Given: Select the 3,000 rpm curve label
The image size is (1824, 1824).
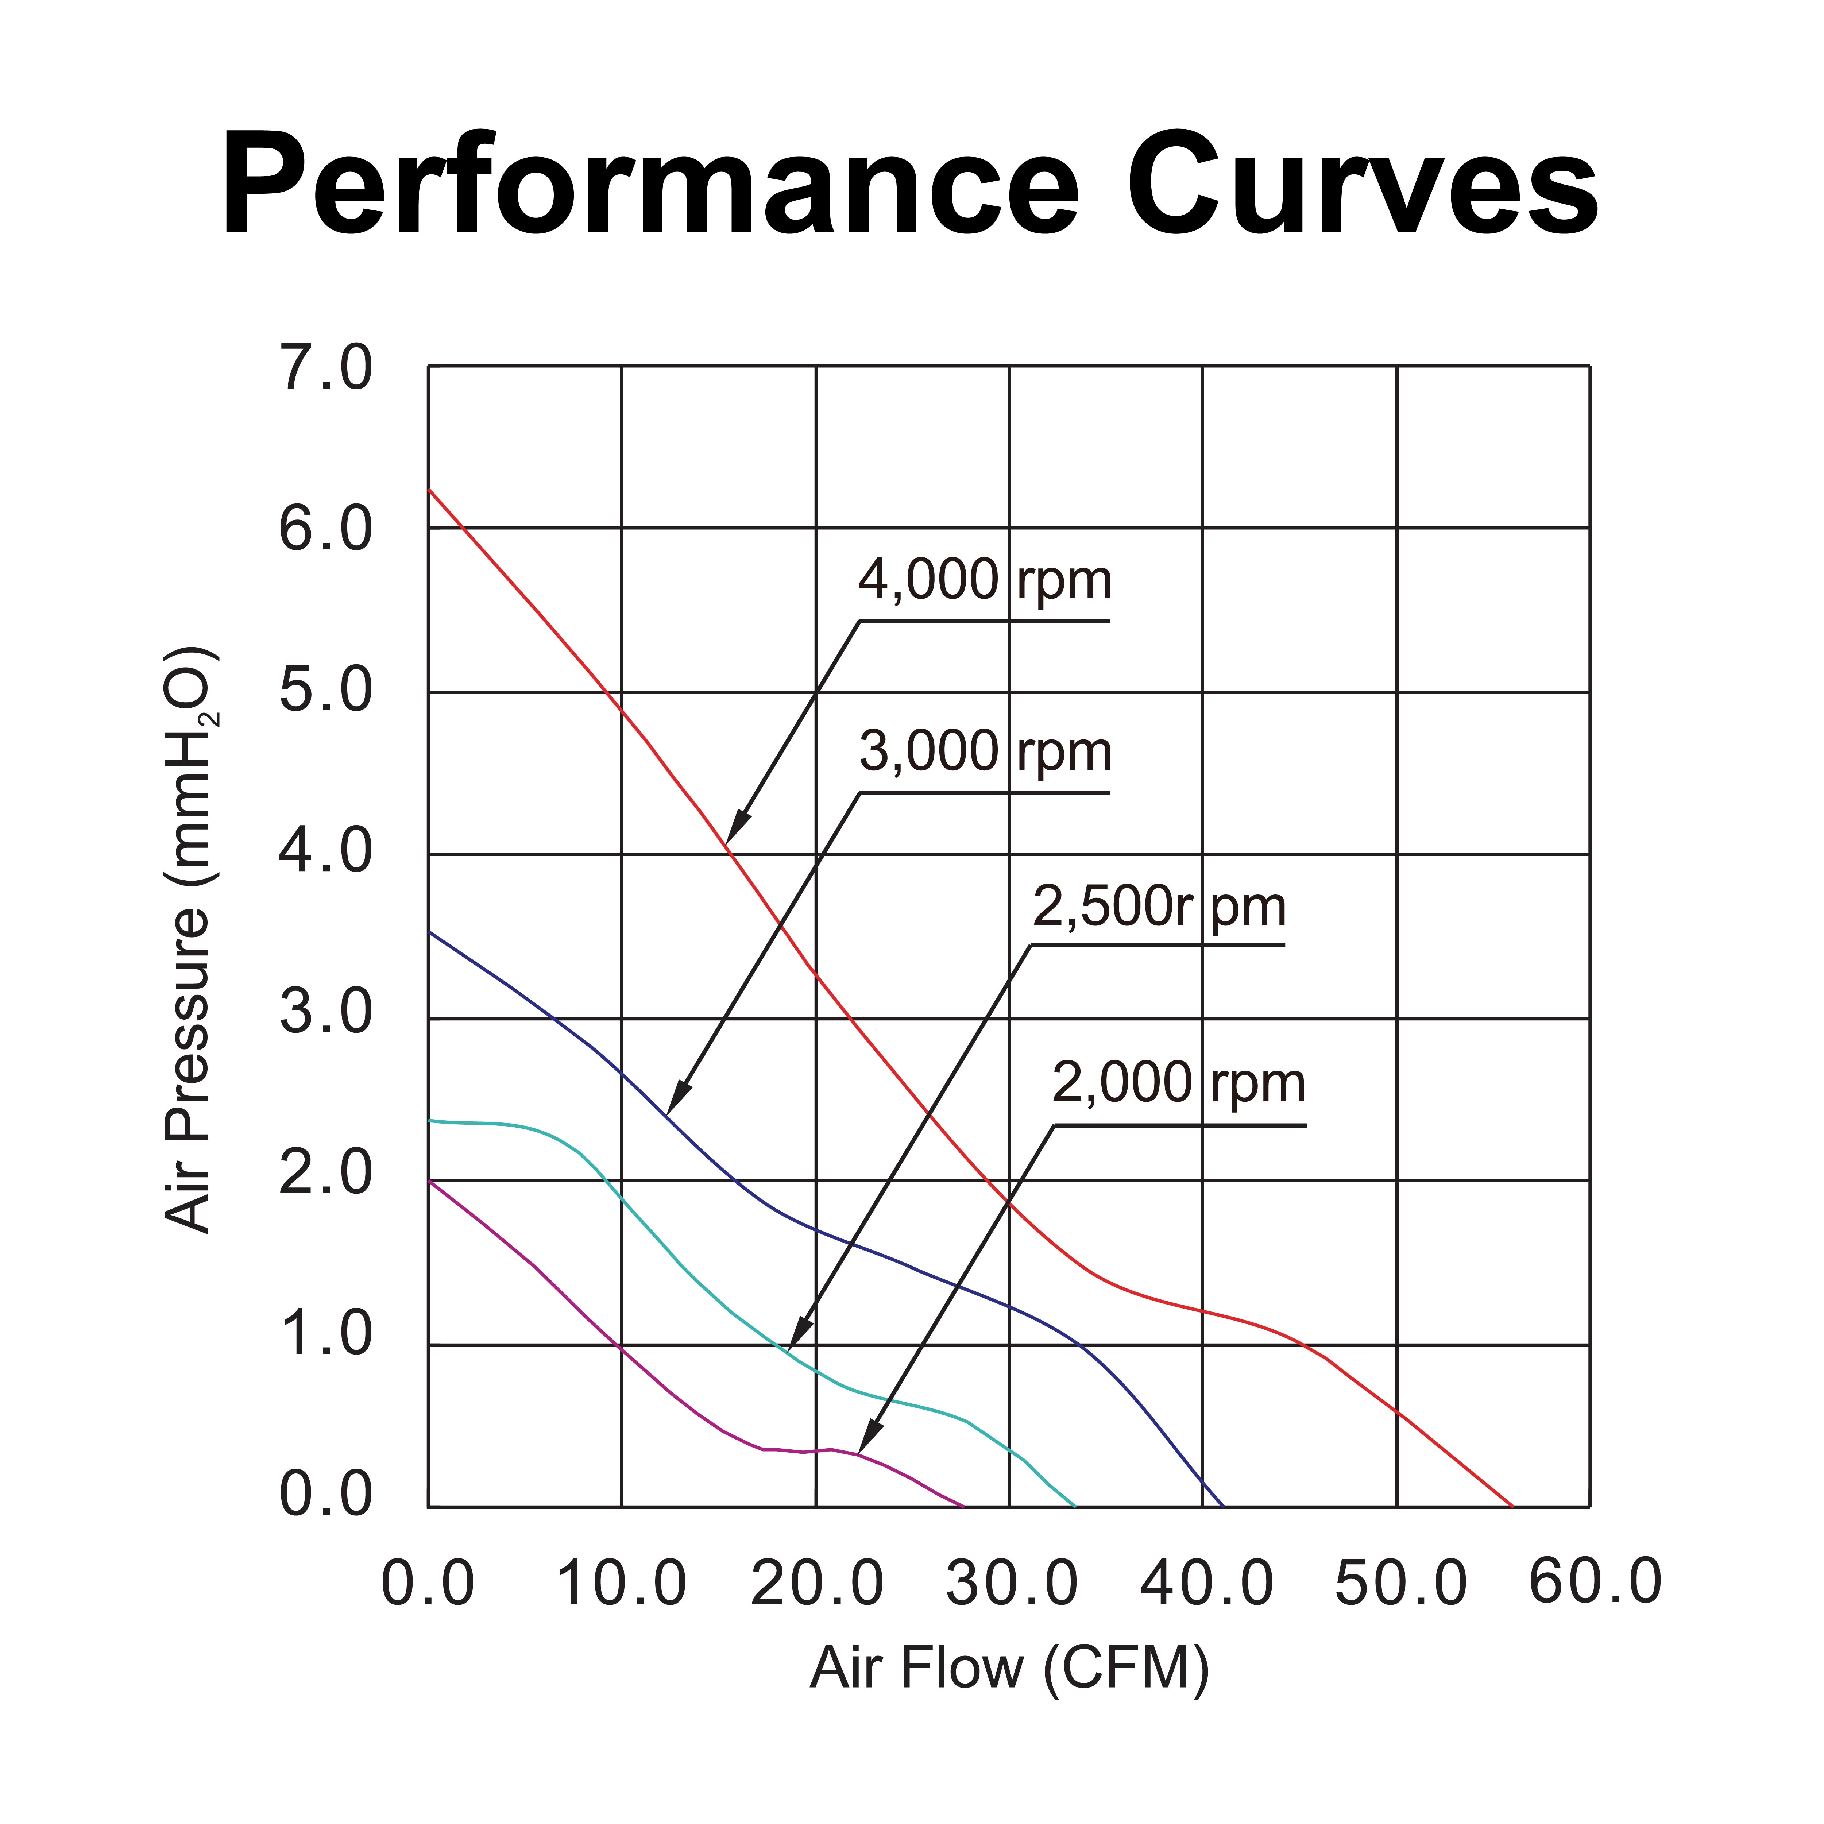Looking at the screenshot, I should tap(985, 753).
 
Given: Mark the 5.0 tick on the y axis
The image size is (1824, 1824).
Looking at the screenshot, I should tap(326, 692).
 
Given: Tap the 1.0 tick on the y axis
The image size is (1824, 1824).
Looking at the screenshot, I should tap(326, 1337).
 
